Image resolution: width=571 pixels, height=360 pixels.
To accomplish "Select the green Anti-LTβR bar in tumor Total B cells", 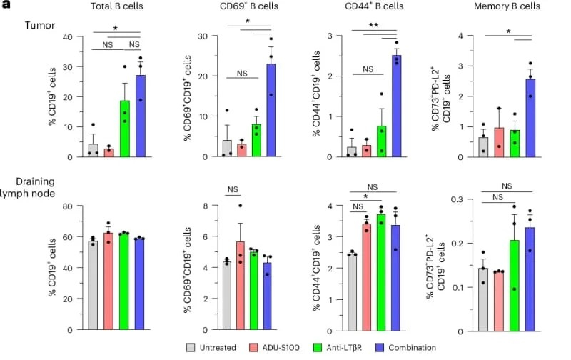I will [124, 129].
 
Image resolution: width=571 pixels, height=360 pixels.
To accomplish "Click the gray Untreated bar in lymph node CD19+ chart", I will [93, 286].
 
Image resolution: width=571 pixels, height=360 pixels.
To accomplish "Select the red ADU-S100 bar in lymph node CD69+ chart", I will [241, 286].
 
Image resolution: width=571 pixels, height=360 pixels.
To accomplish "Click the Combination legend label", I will [433, 348].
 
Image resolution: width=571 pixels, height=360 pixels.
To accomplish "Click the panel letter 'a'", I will [5, 4].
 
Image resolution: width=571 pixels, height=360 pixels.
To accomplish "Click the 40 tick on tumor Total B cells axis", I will [69, 36].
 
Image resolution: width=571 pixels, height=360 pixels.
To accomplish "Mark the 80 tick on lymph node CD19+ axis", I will [69, 206].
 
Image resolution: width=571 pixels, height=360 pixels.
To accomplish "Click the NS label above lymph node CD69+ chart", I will [233, 190].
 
